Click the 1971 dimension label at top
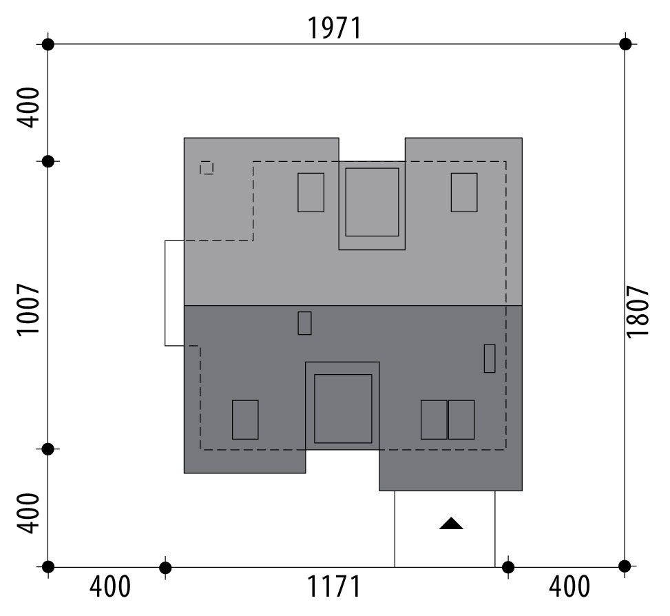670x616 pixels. click(334, 28)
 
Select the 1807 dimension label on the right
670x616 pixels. click(637, 311)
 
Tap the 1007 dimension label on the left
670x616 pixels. click(28, 309)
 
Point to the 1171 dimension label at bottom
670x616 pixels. click(334, 586)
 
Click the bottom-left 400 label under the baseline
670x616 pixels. click(109, 586)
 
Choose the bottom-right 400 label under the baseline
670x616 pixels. click(569, 586)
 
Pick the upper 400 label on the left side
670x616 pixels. click(28, 107)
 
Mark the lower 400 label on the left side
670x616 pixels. click(28, 513)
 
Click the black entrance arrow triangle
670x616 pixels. click(451, 523)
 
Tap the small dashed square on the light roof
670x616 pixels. click(207, 167)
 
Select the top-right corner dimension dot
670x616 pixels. click(625, 44)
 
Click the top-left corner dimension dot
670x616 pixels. click(48, 44)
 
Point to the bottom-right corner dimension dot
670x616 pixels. click(625, 566)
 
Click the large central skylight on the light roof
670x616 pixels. click(372, 202)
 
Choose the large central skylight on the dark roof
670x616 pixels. click(343, 409)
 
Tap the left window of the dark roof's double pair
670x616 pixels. click(434, 420)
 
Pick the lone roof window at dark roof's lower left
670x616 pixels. click(245, 420)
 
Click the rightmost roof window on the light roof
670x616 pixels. click(464, 192)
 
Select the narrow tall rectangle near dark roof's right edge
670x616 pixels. click(490, 359)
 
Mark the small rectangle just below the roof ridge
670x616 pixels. click(304, 323)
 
